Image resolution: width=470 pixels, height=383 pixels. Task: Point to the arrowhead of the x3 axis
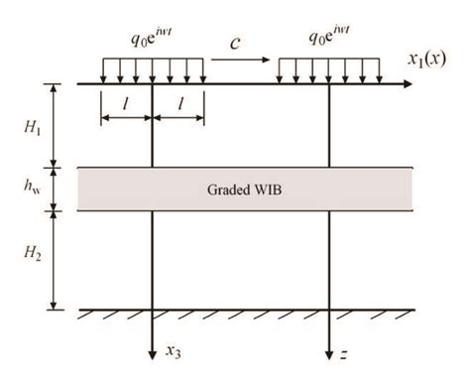tap(153, 356)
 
